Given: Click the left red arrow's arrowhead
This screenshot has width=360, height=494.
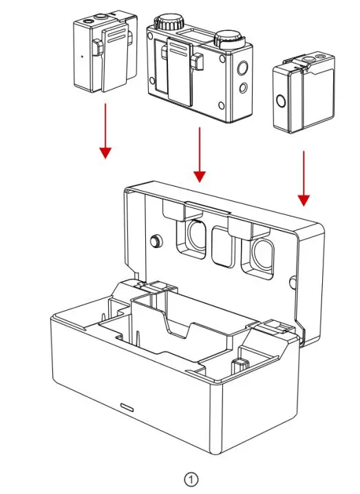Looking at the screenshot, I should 105,152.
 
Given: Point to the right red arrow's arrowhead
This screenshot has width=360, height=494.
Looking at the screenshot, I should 304,200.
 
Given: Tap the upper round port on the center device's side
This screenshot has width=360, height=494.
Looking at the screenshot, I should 242,69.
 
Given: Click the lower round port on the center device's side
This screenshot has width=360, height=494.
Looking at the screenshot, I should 242,88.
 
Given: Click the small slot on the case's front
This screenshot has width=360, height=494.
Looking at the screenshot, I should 127,405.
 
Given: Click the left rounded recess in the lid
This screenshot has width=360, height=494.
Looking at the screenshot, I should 193,238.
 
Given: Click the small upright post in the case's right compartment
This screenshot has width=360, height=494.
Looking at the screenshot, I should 240,364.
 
